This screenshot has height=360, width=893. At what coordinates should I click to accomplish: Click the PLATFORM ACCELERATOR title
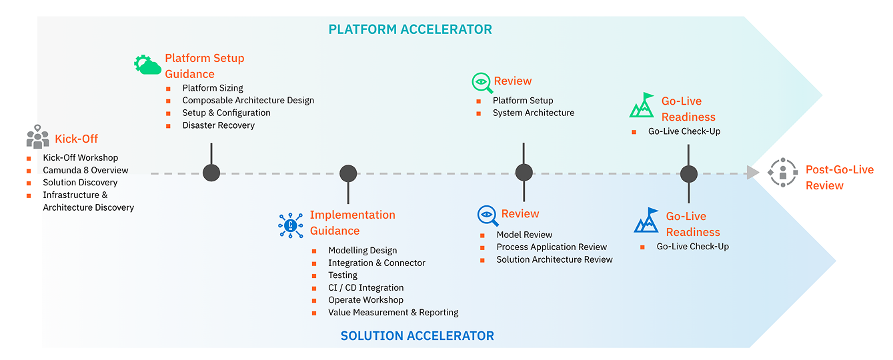click(x=410, y=29)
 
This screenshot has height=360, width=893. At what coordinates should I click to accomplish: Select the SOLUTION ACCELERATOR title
click(x=417, y=336)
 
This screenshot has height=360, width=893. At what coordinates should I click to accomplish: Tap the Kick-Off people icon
click(x=38, y=137)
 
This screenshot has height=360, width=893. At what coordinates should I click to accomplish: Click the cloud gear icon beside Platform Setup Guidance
click(x=147, y=65)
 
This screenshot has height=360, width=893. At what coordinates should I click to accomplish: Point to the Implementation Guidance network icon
click(x=290, y=225)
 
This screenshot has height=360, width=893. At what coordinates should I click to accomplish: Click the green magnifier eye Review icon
click(x=481, y=82)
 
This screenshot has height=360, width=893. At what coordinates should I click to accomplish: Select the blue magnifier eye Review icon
click(x=488, y=215)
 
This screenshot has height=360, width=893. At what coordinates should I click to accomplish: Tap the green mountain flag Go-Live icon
click(x=642, y=105)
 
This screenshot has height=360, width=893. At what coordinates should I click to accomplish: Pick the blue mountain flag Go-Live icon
click(x=646, y=221)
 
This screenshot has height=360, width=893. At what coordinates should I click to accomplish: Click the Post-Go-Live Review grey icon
click(x=782, y=172)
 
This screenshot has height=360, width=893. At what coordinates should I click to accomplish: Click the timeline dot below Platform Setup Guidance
click(x=211, y=173)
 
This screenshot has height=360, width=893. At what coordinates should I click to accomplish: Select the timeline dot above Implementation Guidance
click(x=348, y=173)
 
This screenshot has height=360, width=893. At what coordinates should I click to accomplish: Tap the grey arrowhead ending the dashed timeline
click(x=752, y=173)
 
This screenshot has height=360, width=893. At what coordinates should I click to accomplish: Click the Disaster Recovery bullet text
click(x=218, y=125)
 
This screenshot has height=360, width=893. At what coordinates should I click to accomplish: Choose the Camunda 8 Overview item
click(x=85, y=170)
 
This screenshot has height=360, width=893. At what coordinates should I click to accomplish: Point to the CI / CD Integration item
click(x=365, y=287)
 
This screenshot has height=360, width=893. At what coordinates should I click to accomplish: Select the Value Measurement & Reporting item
click(x=393, y=312)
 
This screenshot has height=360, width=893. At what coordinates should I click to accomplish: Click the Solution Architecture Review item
click(x=554, y=259)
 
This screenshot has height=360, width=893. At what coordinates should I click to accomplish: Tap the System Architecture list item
click(x=533, y=113)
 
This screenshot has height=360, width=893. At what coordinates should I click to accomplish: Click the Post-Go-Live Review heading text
click(x=839, y=177)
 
